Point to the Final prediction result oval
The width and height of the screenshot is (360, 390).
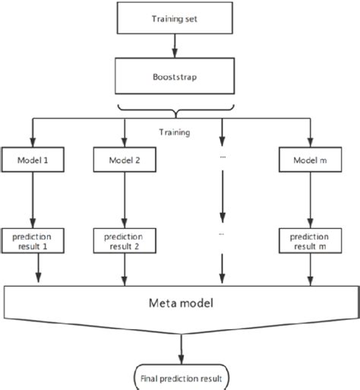tap(180, 375)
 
